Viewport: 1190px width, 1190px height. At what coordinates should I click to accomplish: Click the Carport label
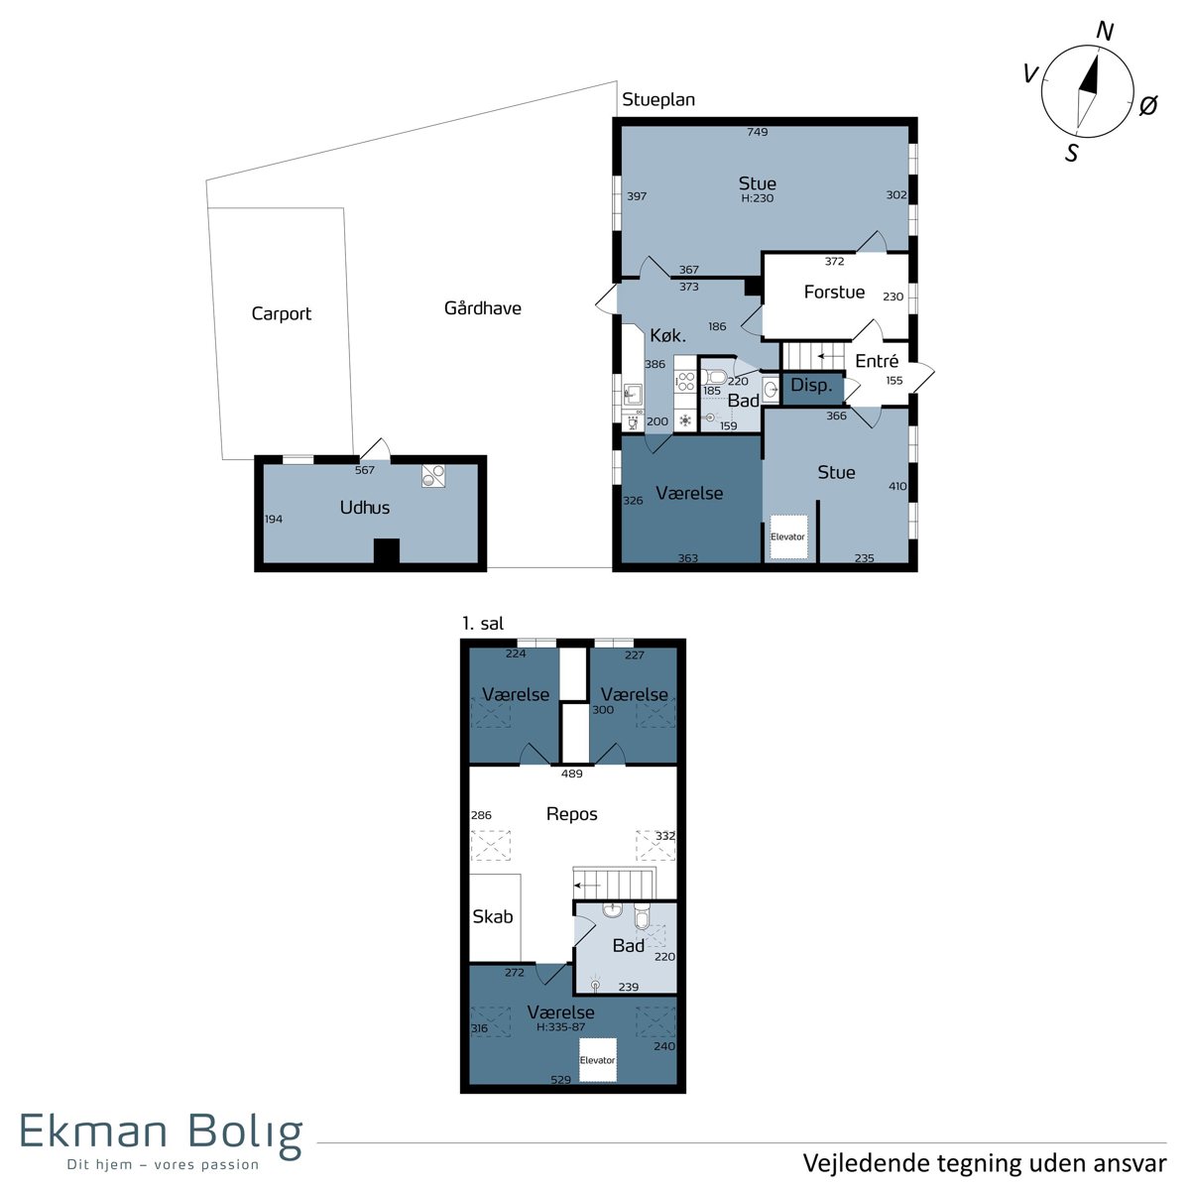tap(281, 313)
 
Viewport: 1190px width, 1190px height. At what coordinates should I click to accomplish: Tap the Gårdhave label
tap(482, 307)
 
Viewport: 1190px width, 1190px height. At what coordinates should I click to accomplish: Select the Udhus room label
tap(364, 508)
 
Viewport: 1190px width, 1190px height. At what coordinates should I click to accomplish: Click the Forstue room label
tap(834, 292)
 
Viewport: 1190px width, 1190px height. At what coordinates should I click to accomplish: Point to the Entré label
tap(877, 361)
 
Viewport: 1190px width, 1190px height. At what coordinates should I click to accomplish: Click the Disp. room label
tap(811, 386)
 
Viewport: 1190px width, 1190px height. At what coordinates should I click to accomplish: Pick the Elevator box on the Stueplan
tap(788, 536)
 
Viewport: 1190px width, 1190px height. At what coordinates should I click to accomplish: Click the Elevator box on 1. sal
tap(598, 1060)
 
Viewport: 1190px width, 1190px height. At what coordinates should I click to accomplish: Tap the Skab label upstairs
tap(492, 917)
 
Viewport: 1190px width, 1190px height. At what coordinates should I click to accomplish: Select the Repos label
tap(572, 814)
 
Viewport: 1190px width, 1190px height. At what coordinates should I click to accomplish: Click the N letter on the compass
tap(1104, 31)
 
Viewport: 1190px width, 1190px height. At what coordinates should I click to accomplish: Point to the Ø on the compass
tap(1148, 105)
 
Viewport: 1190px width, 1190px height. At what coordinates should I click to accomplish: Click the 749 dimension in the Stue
tap(757, 132)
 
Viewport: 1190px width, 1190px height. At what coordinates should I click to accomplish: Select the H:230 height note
tap(757, 198)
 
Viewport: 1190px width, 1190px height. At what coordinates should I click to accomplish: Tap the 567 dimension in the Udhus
tap(364, 470)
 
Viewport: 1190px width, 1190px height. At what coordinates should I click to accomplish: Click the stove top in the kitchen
tap(685, 381)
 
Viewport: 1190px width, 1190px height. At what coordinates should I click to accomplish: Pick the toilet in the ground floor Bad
tap(714, 376)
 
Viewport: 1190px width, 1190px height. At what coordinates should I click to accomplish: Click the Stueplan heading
tap(658, 99)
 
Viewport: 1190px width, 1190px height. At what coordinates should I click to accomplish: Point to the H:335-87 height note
tap(560, 1027)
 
